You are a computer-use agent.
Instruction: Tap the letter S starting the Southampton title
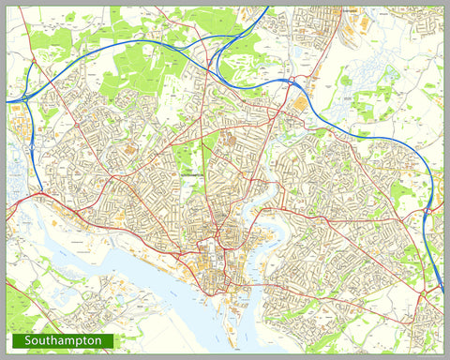pos(28,340)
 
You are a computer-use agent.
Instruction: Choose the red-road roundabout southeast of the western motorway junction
pos(42,194)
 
